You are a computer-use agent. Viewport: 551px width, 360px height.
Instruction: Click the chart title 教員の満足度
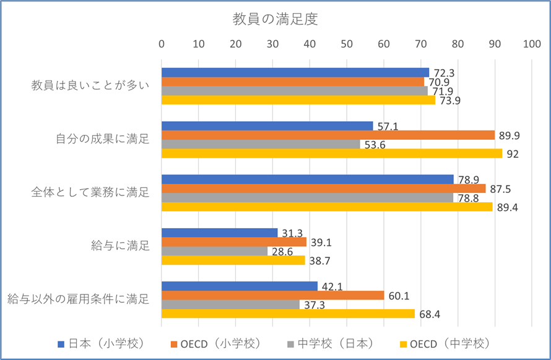pyautogui.click(x=275, y=19)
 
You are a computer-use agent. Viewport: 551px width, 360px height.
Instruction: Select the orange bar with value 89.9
pyautogui.click(x=328, y=135)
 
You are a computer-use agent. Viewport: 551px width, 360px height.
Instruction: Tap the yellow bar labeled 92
pyautogui.click(x=332, y=153)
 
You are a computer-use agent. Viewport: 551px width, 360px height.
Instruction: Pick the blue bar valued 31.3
pyautogui.click(x=219, y=233)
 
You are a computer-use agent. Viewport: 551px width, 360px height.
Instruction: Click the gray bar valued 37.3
pyautogui.click(x=230, y=304)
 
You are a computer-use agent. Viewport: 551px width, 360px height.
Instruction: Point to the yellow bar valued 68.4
pyautogui.click(x=288, y=314)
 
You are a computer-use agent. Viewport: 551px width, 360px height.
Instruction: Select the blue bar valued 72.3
pyautogui.click(x=295, y=72)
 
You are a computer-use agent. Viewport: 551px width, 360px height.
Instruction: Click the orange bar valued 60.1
pyautogui.click(x=272, y=295)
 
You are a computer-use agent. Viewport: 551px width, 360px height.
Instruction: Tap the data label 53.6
pyautogui.click(x=376, y=145)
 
